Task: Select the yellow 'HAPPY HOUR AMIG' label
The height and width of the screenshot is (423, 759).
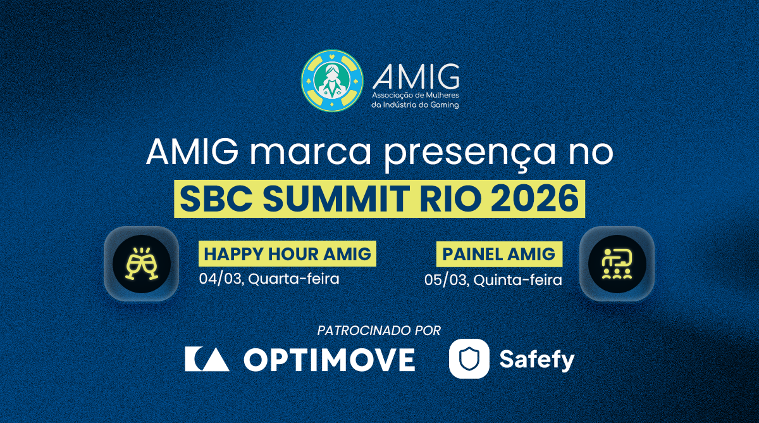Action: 287,254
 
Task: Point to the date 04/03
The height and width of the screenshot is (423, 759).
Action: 220,279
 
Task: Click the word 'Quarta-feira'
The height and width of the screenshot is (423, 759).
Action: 294,279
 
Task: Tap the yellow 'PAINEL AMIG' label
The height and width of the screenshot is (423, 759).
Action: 499,254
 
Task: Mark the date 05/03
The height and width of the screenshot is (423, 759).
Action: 446,280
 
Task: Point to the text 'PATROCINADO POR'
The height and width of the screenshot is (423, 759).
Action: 379,331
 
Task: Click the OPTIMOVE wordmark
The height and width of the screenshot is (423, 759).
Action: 329,359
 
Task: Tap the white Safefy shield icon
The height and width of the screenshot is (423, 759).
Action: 469,358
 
